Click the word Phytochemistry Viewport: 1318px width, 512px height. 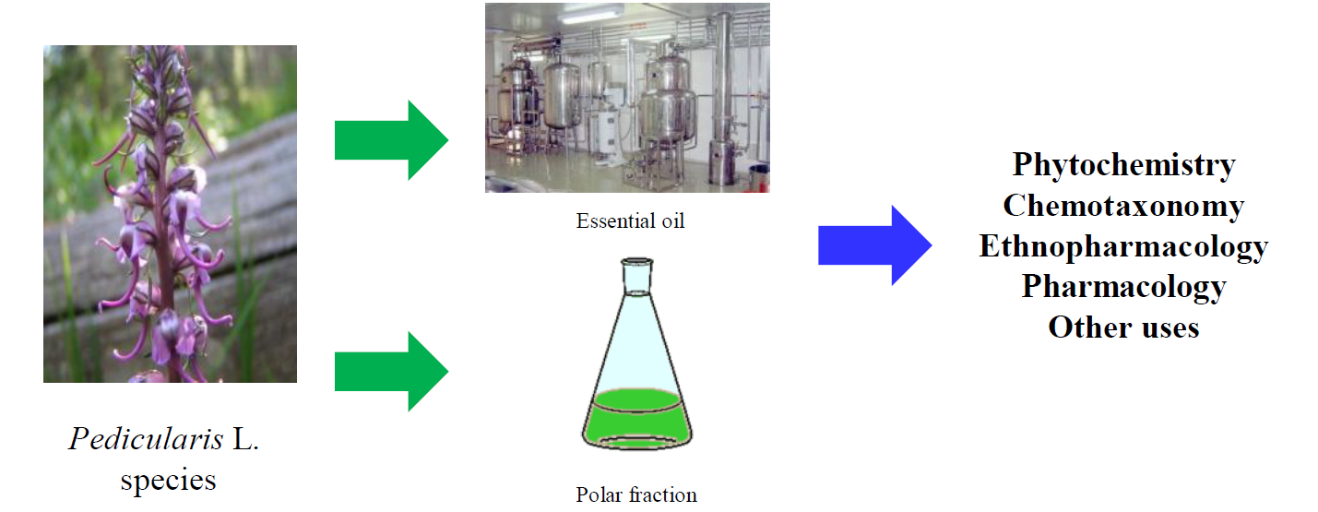point(1123,164)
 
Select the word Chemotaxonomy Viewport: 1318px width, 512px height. point(1123,205)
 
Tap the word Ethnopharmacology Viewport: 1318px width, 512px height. point(1123,246)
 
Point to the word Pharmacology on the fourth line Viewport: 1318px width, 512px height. point(1123,286)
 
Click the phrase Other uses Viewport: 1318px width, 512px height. point(1123,327)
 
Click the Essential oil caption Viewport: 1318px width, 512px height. point(630,221)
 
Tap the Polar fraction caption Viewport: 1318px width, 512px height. point(636,494)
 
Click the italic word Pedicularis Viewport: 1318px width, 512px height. point(146,439)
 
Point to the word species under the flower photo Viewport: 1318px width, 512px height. point(167,480)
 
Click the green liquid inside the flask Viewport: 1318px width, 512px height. point(636,420)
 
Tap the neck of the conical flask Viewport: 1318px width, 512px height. point(637,277)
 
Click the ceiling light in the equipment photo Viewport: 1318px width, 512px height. point(588,16)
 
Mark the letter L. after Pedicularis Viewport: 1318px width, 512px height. point(244,439)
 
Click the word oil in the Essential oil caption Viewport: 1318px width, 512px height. point(671,221)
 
